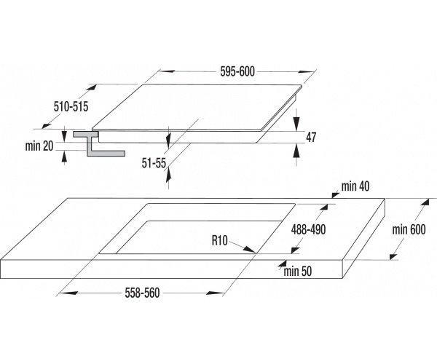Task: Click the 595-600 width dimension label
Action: point(237,71)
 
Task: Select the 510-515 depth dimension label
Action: point(71,106)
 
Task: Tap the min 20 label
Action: point(39,146)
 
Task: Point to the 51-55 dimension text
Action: point(154,163)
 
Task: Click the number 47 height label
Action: point(311,138)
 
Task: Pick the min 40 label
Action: point(355,186)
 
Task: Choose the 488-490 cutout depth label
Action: point(308,230)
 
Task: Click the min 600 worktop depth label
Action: point(409,229)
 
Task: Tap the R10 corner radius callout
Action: point(220,240)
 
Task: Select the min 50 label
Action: point(298,272)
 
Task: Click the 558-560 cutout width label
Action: point(142,293)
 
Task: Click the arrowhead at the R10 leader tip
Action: point(250,250)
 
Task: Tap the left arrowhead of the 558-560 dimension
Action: point(68,293)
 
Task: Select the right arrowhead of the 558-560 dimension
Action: point(215,293)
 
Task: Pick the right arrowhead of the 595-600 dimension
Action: point(306,71)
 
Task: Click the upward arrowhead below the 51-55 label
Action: point(168,174)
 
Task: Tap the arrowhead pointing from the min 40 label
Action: point(336,194)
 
